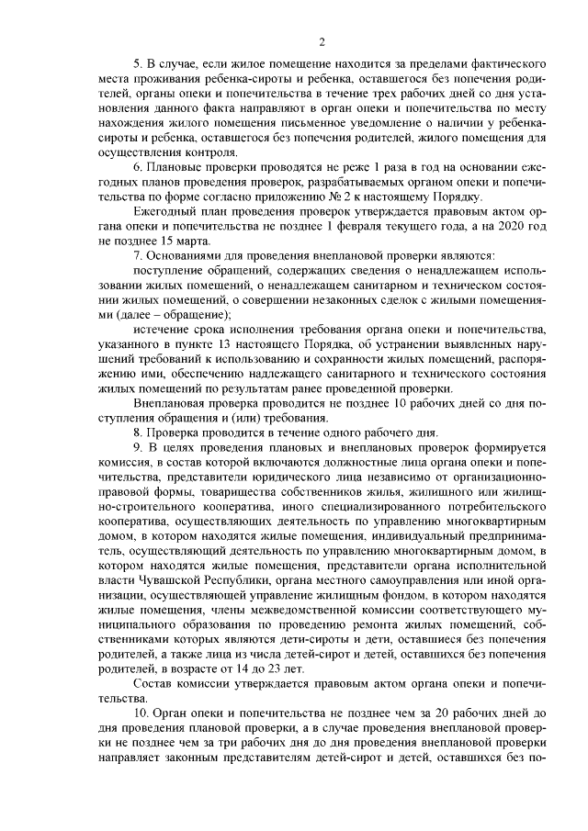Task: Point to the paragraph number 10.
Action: tap(141, 713)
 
